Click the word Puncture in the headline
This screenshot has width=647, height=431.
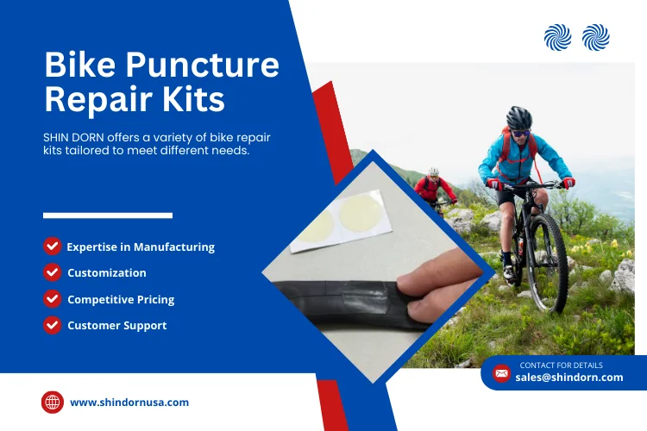click(x=203, y=65)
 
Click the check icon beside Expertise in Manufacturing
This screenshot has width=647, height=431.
click(x=53, y=247)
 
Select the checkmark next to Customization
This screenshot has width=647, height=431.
click(x=53, y=272)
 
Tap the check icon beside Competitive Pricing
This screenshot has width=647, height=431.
click(x=53, y=298)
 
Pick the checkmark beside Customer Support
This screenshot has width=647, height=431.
click(x=53, y=325)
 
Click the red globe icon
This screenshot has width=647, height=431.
click(x=53, y=403)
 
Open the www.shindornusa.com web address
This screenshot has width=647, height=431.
click(x=129, y=403)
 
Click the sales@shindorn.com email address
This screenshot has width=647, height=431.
click(x=569, y=378)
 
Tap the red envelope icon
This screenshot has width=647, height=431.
click(x=501, y=373)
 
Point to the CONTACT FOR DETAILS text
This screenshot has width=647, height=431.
click(x=562, y=365)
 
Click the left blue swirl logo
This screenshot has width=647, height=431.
click(x=558, y=38)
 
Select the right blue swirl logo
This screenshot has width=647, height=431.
click(x=596, y=38)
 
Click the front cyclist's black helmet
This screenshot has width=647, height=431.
click(x=519, y=117)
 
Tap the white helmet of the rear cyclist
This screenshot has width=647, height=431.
click(x=433, y=172)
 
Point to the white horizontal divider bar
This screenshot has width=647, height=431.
click(x=108, y=215)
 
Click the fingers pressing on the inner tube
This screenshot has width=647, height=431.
click(x=437, y=289)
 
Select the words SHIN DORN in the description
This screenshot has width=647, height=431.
click(x=73, y=137)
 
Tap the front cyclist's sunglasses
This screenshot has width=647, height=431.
click(x=520, y=133)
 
